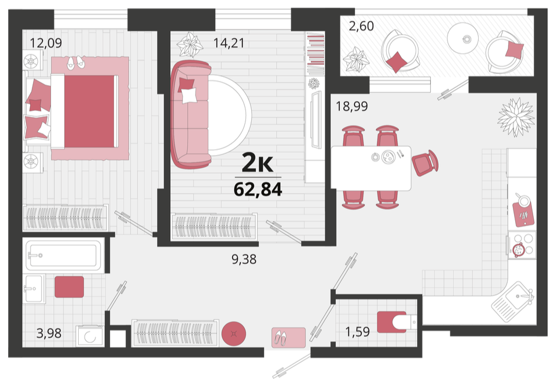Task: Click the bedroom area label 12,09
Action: (x=46, y=43)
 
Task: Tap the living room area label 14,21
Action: (x=229, y=43)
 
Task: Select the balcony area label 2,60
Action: (x=361, y=26)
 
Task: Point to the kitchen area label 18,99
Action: (x=351, y=106)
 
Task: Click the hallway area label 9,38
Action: (x=244, y=260)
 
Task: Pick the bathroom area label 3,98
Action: (x=49, y=333)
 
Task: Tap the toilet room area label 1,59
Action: (x=357, y=332)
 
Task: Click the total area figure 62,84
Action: (x=258, y=189)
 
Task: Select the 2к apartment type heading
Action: (x=258, y=163)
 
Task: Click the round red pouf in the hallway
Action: (x=233, y=333)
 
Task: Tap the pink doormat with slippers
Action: (x=288, y=338)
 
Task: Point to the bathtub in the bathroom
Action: (x=63, y=255)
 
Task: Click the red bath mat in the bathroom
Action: (x=69, y=287)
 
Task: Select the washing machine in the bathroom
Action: (x=90, y=336)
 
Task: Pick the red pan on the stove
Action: (x=518, y=250)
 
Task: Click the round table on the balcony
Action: (x=463, y=38)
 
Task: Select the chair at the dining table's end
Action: (x=425, y=163)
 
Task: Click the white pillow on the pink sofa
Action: (x=189, y=95)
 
